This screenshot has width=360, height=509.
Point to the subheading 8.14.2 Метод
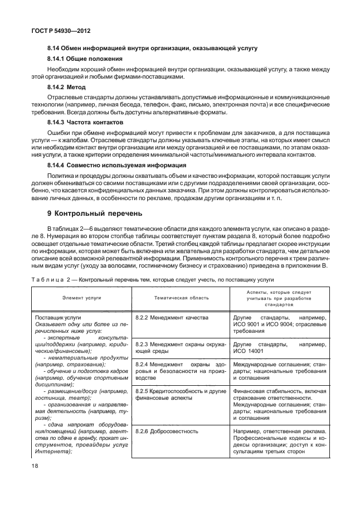(x=67, y=88)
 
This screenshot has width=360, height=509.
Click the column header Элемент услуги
(x=81, y=298)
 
